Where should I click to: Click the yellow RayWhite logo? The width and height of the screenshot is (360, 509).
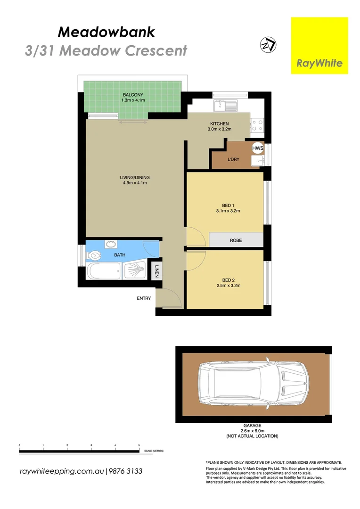319,45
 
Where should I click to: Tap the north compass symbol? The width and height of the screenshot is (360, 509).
268,45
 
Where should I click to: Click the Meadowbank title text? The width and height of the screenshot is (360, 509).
106,32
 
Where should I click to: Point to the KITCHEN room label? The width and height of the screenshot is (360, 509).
220,124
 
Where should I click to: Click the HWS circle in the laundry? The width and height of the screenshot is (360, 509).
257,148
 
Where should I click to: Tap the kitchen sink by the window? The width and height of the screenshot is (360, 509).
221,106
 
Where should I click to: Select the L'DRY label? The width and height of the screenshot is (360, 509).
233,159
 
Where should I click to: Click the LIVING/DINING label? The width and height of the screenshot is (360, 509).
135,178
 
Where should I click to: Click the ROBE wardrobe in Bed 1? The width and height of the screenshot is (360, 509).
236,240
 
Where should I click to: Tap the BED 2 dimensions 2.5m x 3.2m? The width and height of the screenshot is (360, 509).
229,286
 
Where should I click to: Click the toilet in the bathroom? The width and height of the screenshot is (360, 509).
95,256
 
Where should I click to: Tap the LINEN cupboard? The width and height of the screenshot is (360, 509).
157,271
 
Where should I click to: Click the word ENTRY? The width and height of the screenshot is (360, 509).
144,298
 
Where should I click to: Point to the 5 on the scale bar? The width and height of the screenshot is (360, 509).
139,445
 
